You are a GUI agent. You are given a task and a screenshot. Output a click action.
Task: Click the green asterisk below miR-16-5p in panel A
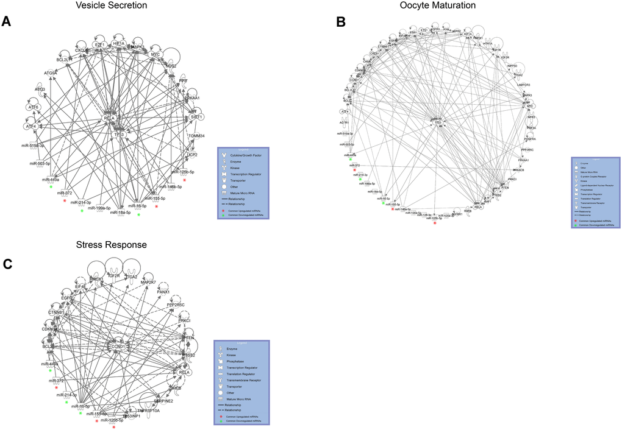click(139, 215)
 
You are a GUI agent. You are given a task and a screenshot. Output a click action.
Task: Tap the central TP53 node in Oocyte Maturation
click(437, 122)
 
